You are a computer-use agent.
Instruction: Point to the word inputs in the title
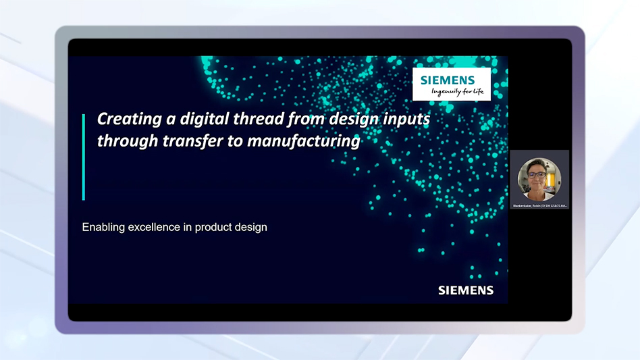404,120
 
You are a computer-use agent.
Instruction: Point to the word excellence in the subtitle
154,227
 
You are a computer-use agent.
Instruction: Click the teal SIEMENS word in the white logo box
448,80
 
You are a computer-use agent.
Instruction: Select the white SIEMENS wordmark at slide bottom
466,290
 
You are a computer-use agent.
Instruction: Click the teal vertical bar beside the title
84,157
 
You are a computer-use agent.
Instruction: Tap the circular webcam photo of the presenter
539,178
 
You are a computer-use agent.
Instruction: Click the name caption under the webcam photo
539,205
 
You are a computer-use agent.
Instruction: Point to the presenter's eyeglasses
538,174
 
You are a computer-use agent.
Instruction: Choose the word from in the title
297,120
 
